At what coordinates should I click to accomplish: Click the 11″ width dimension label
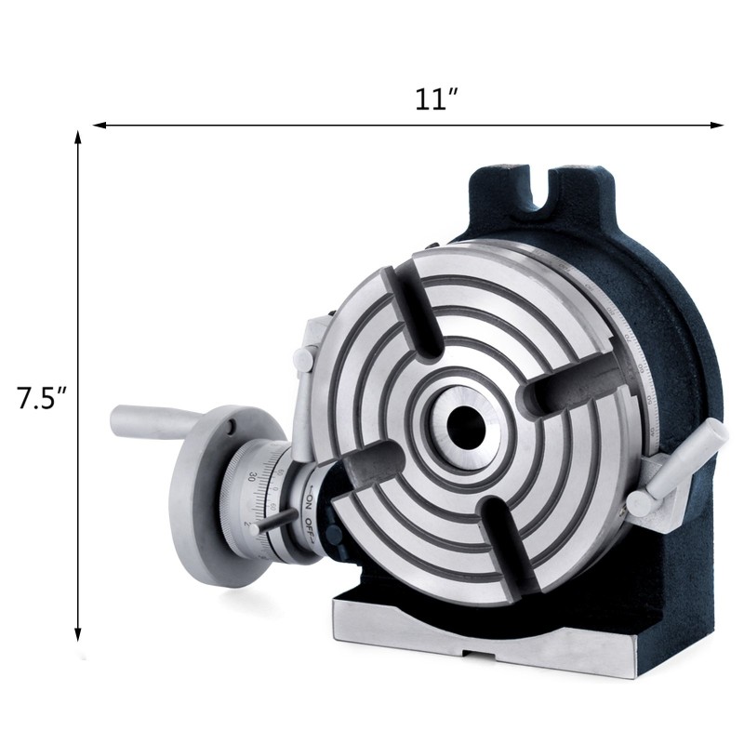click(x=438, y=99)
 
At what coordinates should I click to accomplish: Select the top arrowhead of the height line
click(x=78, y=137)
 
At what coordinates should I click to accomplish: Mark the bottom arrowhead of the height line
click(x=78, y=638)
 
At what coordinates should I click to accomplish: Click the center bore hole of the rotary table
click(x=463, y=423)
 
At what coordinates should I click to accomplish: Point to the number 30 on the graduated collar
click(x=254, y=475)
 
